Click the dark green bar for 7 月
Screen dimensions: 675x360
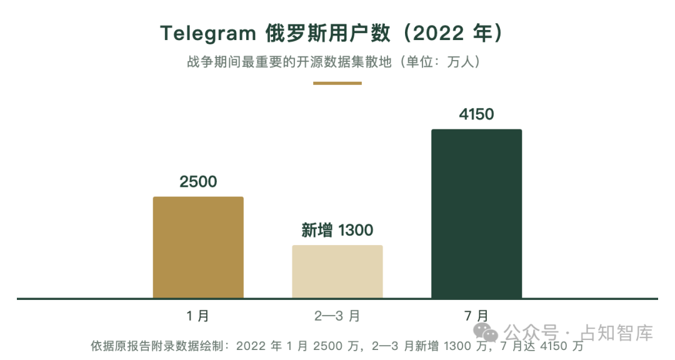pyautogui.click(x=476, y=214)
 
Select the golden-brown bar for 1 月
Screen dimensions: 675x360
pyautogui.click(x=199, y=247)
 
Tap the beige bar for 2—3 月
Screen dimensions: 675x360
pyautogui.click(x=337, y=271)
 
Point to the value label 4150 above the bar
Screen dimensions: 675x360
pyautogui.click(x=476, y=114)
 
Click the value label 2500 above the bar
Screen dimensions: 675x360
pyautogui.click(x=199, y=182)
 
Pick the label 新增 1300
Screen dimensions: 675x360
pyautogui.click(x=337, y=231)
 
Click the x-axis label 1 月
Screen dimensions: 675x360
pyautogui.click(x=198, y=316)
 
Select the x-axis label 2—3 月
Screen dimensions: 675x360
pyautogui.click(x=337, y=316)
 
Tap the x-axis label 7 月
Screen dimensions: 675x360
pyautogui.click(x=476, y=316)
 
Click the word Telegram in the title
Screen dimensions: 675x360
pyautogui.click(x=208, y=34)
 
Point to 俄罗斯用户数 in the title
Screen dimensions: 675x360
pyautogui.click(x=328, y=33)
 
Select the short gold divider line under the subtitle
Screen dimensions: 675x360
pyautogui.click(x=337, y=83)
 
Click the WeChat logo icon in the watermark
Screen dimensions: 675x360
pyautogui.click(x=486, y=332)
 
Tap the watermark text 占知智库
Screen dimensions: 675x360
pyautogui.click(x=617, y=333)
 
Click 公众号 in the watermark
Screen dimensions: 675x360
pyautogui.click(x=531, y=333)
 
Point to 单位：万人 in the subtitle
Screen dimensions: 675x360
pyautogui.click(x=441, y=62)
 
